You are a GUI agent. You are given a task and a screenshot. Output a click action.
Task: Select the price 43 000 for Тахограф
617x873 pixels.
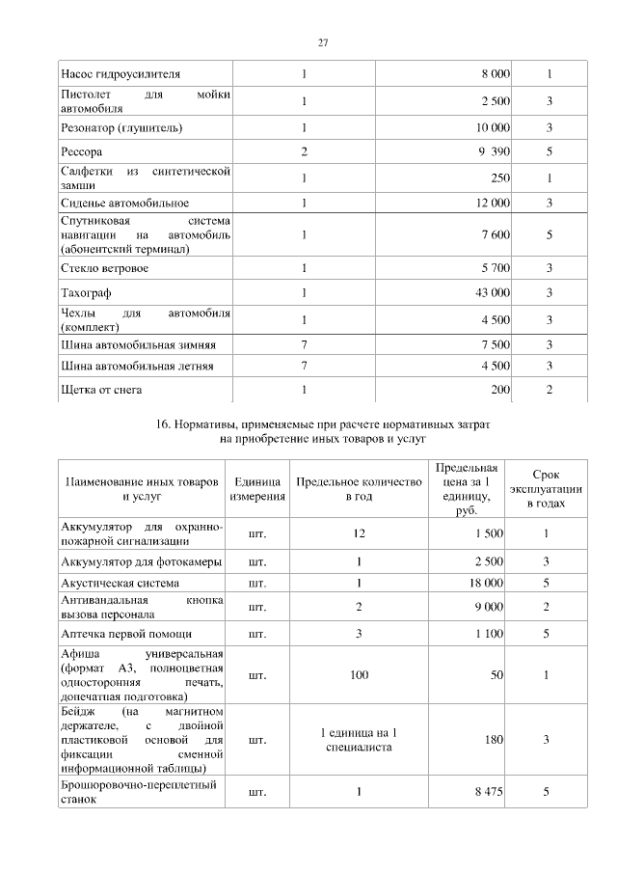(x=493, y=293)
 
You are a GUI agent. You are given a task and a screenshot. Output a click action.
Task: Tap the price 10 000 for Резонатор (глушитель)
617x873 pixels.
(x=493, y=127)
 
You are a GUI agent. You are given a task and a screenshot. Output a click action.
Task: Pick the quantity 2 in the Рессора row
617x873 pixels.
(x=304, y=152)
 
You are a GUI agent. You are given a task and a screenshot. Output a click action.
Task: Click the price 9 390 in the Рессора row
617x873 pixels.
(x=493, y=152)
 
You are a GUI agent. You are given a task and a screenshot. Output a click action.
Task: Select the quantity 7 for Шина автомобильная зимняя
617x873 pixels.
(x=304, y=344)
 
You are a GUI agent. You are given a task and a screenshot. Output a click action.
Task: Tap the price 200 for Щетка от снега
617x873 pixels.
(x=499, y=390)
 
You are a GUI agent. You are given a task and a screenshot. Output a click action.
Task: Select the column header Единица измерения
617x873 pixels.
(x=257, y=489)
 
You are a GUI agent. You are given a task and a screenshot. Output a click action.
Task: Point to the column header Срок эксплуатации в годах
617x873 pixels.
(x=547, y=489)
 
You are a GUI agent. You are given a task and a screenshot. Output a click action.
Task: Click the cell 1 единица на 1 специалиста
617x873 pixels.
(x=359, y=740)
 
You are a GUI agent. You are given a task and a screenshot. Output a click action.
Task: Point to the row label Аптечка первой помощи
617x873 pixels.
(x=126, y=634)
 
